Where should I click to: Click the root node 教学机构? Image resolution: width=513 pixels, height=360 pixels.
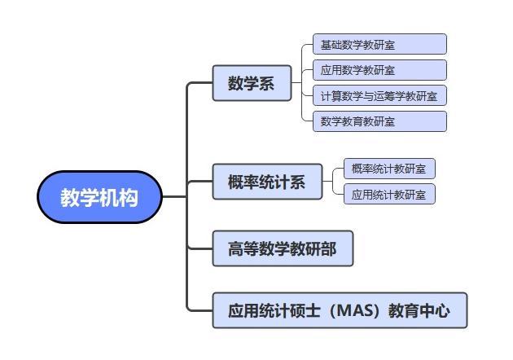(100, 197)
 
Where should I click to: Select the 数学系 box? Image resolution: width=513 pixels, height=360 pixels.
(252, 83)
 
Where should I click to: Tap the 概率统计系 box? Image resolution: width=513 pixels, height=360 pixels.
(267, 182)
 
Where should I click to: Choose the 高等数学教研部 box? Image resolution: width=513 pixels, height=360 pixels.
(283, 248)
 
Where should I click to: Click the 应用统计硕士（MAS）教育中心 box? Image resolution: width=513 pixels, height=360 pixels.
(340, 310)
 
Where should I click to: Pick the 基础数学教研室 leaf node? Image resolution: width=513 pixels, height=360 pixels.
(379, 44)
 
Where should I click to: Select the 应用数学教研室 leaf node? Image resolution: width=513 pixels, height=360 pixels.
(379, 70)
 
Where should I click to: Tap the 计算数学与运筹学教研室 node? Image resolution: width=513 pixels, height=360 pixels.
(379, 95)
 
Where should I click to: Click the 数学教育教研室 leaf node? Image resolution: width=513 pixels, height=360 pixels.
(379, 121)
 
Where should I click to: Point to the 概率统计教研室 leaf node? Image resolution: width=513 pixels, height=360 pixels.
(389, 169)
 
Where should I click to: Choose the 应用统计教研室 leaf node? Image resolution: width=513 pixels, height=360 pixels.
(389, 194)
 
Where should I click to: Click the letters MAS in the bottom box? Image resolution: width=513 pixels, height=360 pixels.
(355, 310)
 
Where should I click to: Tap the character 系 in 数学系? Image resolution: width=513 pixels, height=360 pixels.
(266, 83)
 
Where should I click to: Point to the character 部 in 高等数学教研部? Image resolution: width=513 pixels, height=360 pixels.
(328, 248)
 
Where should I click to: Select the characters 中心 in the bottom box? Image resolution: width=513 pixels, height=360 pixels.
(435, 310)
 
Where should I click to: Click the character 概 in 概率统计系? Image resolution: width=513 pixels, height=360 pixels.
(235, 182)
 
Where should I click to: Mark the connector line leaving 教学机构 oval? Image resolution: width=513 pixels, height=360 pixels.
(174, 196)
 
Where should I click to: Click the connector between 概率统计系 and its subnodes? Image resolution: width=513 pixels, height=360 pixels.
(333, 182)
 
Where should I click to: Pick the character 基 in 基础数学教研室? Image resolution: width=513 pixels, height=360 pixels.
(326, 45)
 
